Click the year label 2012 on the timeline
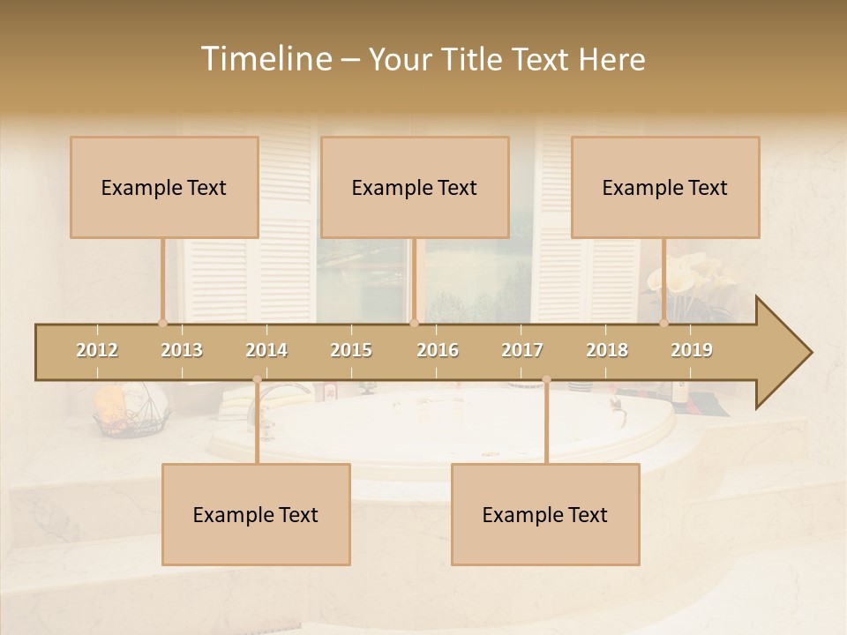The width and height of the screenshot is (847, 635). (97, 350)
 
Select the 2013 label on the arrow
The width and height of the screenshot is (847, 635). (182, 350)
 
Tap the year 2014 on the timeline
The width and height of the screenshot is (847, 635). (266, 350)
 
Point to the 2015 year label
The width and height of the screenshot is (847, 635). (351, 350)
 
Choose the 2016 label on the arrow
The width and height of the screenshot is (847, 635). (438, 350)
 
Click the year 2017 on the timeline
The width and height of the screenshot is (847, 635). (522, 350)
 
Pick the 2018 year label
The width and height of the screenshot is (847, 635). (607, 350)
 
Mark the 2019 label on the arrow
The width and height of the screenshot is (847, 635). (692, 350)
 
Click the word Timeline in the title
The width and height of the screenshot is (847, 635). (264, 59)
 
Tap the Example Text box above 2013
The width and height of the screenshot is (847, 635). (164, 187)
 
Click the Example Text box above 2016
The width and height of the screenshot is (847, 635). (415, 187)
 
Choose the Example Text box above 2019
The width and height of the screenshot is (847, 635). (665, 187)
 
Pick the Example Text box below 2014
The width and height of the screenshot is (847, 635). (256, 514)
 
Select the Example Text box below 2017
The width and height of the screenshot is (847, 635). (545, 514)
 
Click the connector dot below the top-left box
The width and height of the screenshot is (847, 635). (162, 323)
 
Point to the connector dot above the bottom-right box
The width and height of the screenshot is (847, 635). (546, 380)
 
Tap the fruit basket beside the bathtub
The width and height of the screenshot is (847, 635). (131, 412)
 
